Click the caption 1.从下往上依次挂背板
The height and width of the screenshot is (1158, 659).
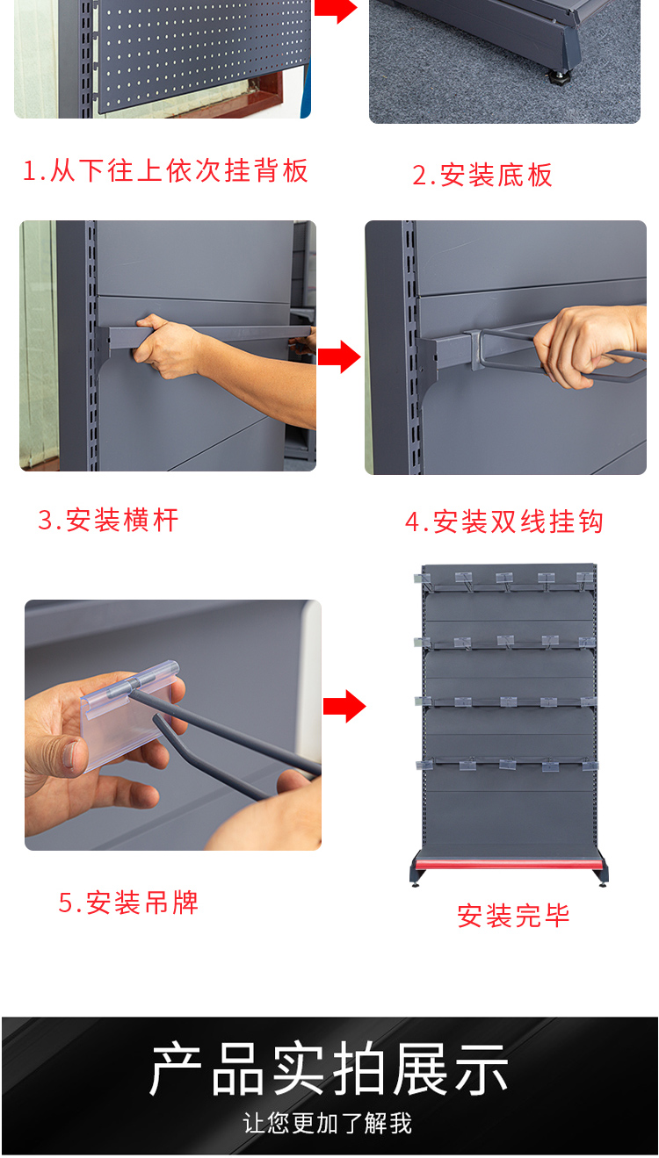[x=165, y=170]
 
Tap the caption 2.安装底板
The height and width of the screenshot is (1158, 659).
[x=482, y=175]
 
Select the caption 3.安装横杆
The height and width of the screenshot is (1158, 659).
[x=108, y=520]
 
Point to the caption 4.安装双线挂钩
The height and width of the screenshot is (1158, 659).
[x=504, y=521]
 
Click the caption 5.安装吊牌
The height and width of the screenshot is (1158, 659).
[x=128, y=903]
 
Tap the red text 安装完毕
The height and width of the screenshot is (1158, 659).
[x=513, y=916]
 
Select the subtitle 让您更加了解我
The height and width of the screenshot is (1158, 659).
[x=328, y=1124]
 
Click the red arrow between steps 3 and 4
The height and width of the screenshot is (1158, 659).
[x=339, y=356]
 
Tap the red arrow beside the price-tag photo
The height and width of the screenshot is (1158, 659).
[x=344, y=706]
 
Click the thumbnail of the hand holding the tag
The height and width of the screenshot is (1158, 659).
[x=173, y=725]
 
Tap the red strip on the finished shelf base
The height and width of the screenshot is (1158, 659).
[x=510, y=864]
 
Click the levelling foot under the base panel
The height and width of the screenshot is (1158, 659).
[x=561, y=78]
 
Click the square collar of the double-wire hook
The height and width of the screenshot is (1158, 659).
[x=474, y=349]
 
